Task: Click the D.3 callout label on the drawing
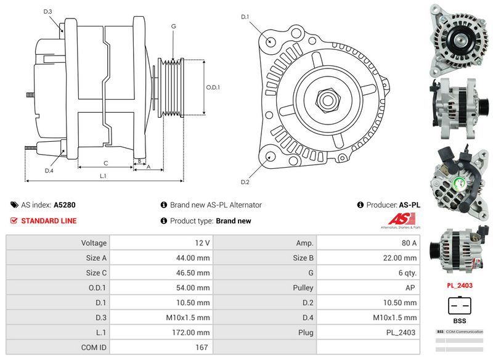coord(48,12)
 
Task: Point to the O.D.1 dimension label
coord(213,88)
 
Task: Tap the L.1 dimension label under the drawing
coord(103,176)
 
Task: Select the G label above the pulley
coord(174,27)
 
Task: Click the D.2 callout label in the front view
coord(245,182)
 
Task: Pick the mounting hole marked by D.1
coord(271,41)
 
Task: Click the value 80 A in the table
coord(409,243)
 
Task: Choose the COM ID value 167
coord(202,347)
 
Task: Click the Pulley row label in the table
coord(303,288)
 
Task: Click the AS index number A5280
coord(65,205)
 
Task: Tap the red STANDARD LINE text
coord(49,221)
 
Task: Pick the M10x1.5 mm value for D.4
coord(394,317)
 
